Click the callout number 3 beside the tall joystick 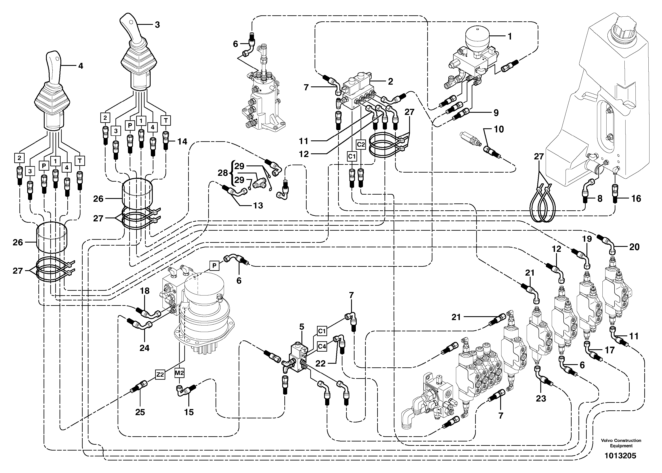point(157,25)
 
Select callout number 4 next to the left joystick point(81,66)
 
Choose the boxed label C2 point(361,144)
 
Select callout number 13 point(258,205)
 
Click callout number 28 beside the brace point(223,173)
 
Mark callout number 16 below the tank point(636,199)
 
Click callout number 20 point(634,247)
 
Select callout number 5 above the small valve point(302,327)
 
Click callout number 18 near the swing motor point(145,291)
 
